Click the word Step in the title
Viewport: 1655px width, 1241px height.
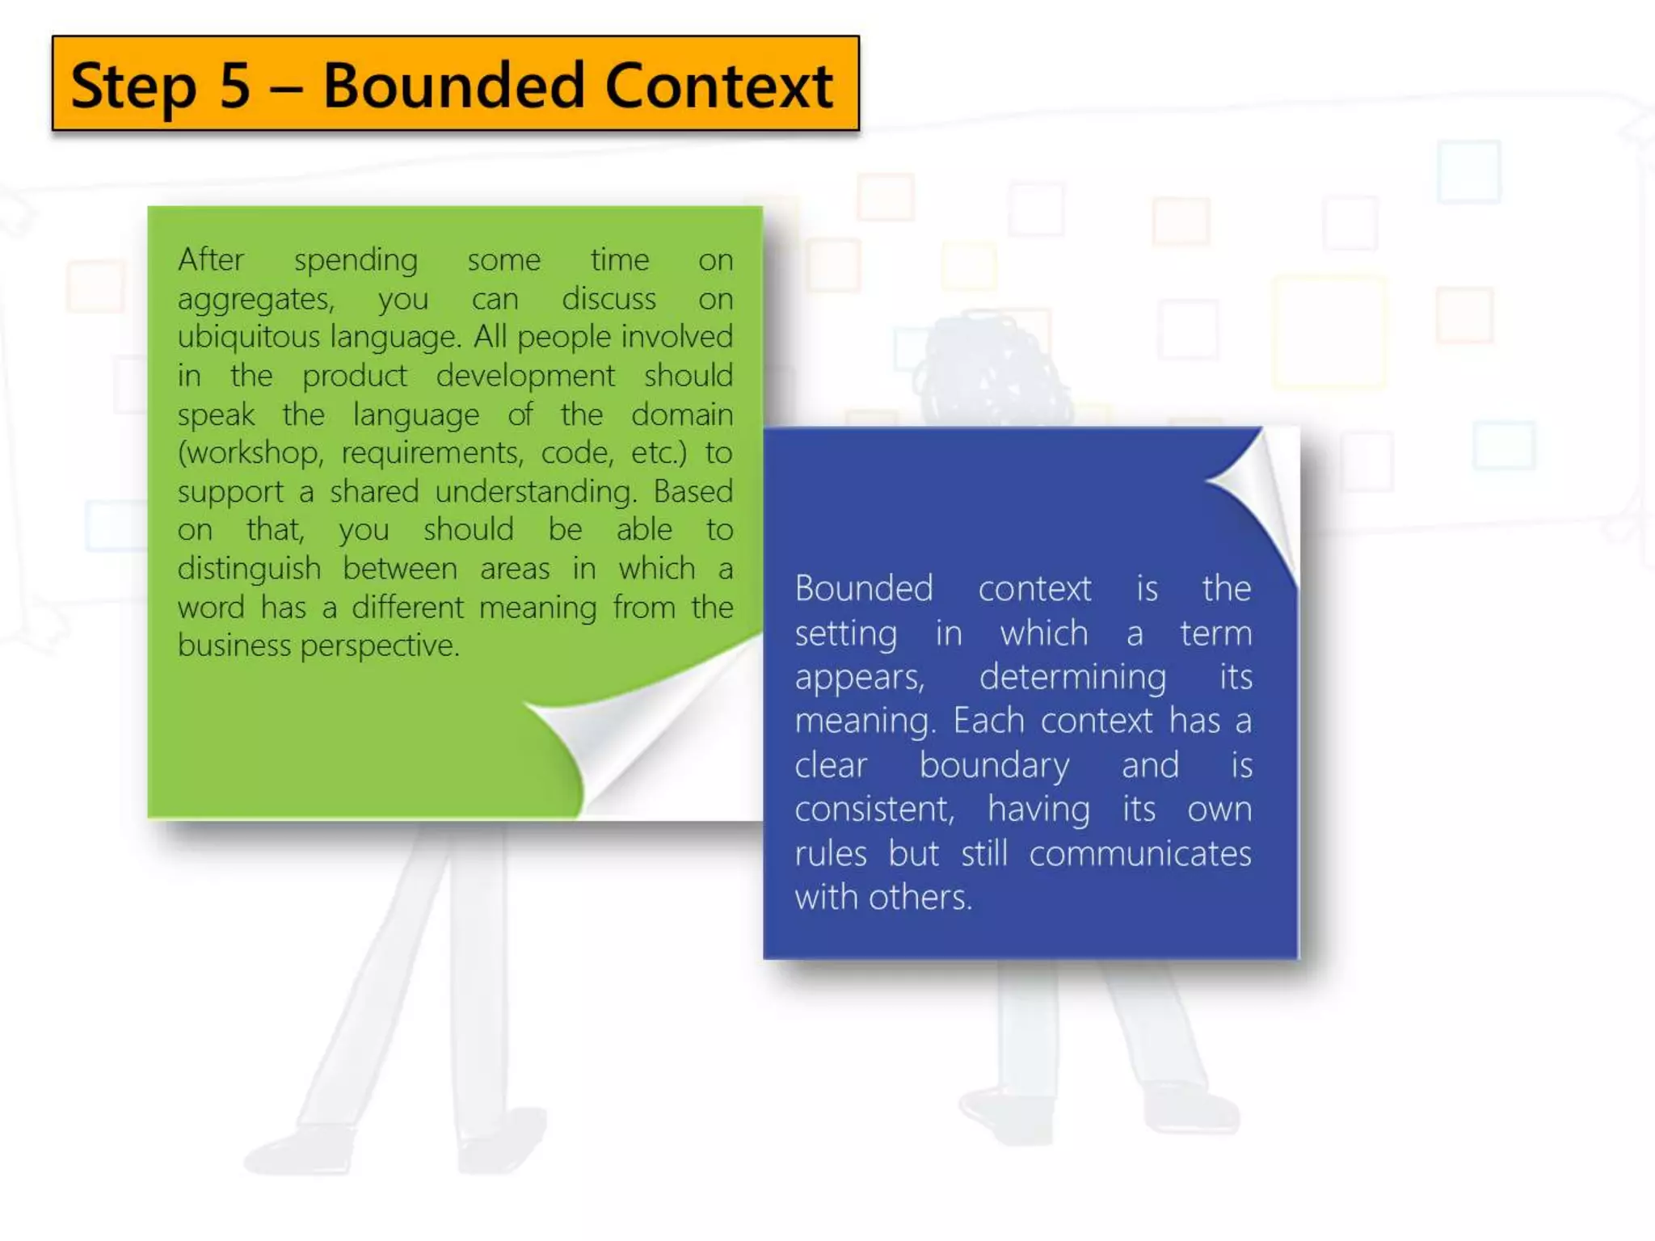click(133, 86)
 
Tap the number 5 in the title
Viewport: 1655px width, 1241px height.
click(235, 85)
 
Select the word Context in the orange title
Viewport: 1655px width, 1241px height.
click(718, 85)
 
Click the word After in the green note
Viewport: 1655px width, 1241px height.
click(211, 259)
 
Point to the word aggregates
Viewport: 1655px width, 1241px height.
click(255, 300)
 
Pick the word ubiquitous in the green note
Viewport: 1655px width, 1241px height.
click(249, 337)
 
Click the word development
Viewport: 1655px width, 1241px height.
click(525, 376)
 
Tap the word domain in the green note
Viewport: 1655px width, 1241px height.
click(682, 414)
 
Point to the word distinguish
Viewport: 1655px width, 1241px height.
click(249, 569)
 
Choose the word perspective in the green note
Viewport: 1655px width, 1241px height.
click(379, 646)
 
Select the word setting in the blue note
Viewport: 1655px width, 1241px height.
click(845, 633)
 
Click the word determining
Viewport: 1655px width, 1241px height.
click(1072, 677)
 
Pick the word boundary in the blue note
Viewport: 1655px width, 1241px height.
click(994, 765)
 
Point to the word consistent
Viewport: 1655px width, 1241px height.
click(874, 809)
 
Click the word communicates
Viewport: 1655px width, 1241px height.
click(1139, 853)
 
